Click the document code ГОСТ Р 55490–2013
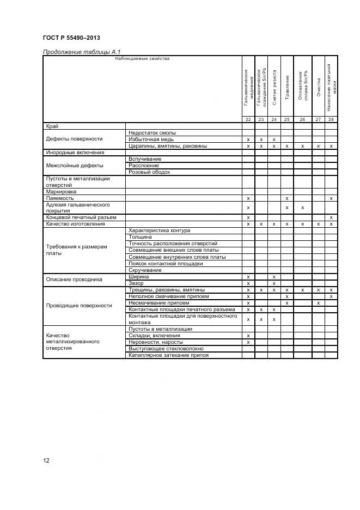(x=71, y=38)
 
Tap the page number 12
(x=47, y=460)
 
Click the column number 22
(x=248, y=119)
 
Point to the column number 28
(x=331, y=119)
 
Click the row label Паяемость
(x=59, y=198)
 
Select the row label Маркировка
(x=62, y=192)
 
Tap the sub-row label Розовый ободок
(x=150, y=172)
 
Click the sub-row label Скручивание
(x=145, y=270)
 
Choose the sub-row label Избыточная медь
(x=152, y=139)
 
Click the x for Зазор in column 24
(x=274, y=283)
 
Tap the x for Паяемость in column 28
(x=331, y=198)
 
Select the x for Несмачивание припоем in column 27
(x=318, y=303)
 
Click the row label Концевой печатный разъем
(x=81, y=217)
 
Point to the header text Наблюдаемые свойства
(x=142, y=58)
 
